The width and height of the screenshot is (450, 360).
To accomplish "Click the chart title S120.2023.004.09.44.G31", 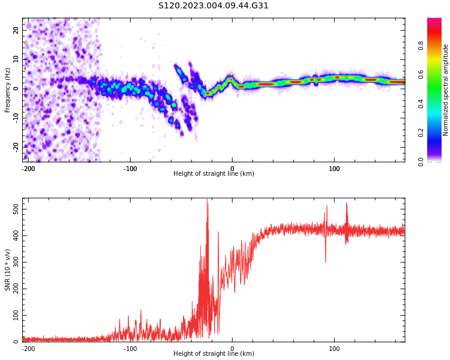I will (214, 6).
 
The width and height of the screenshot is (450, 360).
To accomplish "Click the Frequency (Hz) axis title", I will (8, 89).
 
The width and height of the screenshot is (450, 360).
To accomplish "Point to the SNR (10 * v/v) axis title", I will (8, 269).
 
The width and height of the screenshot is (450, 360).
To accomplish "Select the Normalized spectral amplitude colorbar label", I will (446, 89).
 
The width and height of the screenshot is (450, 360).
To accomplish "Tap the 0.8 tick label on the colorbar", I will (437, 44).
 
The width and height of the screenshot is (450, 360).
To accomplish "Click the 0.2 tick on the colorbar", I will (437, 133).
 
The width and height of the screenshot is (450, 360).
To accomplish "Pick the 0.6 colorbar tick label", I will (437, 74).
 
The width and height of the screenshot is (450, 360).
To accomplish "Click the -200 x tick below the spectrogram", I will (28, 168).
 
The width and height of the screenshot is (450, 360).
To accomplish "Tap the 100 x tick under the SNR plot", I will (334, 348).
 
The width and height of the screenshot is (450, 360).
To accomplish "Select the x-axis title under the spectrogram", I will (214, 174).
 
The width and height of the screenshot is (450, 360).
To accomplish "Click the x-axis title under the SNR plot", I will (214, 354).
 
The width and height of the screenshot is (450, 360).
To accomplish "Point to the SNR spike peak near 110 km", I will (346, 204).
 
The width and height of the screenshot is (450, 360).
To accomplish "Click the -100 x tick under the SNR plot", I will (130, 348).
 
